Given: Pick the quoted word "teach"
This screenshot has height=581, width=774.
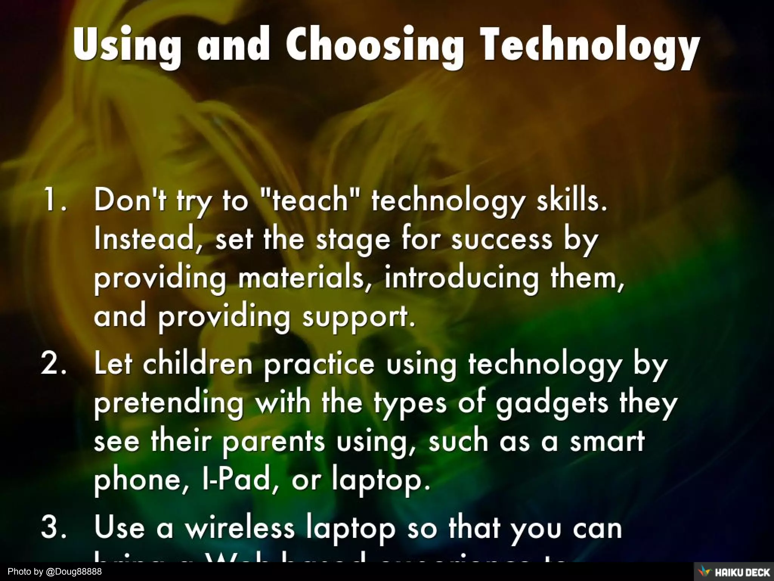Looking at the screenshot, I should coord(310,200).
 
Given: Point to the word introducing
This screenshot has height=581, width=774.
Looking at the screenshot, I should coord(461,278).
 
